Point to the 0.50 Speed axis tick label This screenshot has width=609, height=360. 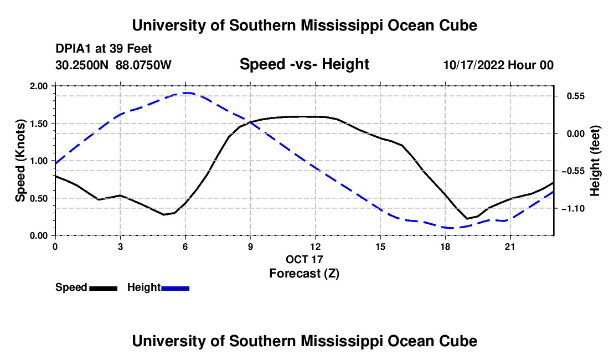coord(39,198)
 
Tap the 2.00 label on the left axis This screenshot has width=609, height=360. coord(39,86)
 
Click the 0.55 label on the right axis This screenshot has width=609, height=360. coord(576,96)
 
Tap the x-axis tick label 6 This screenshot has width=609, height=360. coord(185,246)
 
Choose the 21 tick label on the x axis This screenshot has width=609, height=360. coord(510,246)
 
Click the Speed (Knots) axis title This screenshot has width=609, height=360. coord(20,161)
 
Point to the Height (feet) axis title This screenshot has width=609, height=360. coord(595,161)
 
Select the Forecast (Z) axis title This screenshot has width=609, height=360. coord(304,274)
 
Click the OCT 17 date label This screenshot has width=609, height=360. coord(304,259)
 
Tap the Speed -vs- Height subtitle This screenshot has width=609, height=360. coord(304,64)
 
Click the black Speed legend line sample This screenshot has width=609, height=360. coord(104,288)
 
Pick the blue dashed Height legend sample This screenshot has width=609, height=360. coord(175,288)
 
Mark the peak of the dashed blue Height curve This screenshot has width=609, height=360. coord(187,93)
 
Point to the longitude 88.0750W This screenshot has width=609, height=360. coord(143,65)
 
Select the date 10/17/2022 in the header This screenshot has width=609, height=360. coord(474,65)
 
